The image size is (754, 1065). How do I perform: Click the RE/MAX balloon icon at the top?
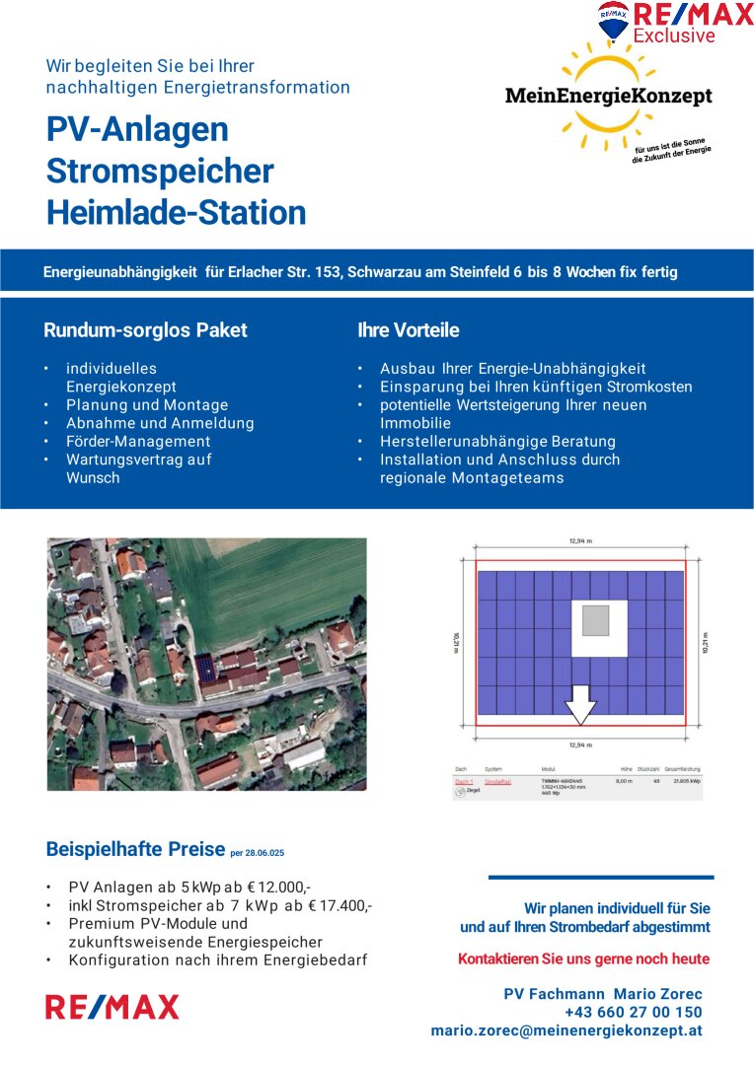tap(613, 21)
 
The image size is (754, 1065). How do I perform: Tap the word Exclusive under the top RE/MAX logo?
tap(674, 36)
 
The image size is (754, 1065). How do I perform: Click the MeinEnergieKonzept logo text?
tap(608, 96)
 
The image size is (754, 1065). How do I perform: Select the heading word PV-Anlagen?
tap(137, 129)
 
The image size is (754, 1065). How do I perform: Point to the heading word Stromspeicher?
tap(159, 171)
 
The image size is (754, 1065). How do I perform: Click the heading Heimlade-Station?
tap(176, 212)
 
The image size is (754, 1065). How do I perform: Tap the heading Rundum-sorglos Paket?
tap(145, 330)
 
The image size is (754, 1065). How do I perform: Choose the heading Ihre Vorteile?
tap(408, 330)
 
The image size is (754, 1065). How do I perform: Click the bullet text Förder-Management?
tap(138, 442)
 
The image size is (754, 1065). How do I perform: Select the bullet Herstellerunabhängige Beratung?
tap(497, 442)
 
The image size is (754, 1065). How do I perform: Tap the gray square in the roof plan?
tap(596, 621)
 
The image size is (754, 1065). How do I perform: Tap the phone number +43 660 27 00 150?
tap(633, 1012)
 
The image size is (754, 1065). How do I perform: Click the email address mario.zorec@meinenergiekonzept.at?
tap(566, 1030)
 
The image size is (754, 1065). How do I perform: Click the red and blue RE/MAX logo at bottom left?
tap(113, 1007)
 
